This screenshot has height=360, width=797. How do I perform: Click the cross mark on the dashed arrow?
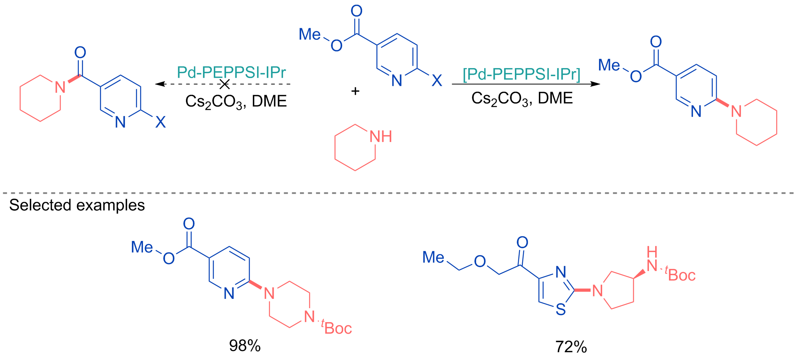pos(225,84)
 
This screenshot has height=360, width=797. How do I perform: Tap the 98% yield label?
pos(245,346)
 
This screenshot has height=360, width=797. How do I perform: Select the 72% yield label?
pos(571,347)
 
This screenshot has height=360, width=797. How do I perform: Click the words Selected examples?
pos(77,205)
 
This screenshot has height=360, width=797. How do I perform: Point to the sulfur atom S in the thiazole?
pos(561,309)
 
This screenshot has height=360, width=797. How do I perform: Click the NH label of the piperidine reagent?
pos(381,136)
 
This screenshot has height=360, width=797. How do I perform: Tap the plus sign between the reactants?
pos(355,91)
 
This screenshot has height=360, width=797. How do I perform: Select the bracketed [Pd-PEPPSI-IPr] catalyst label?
pos(521,74)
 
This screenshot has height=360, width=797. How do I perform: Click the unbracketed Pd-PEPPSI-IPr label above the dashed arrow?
pos(232,72)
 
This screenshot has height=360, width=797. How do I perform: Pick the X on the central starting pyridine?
pos(437,80)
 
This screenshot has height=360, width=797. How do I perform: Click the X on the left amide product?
pos(160,122)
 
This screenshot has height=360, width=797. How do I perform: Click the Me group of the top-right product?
pos(609,65)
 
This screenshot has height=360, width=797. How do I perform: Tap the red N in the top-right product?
pos(736,111)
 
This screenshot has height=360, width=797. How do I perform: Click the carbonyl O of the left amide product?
pos(80,53)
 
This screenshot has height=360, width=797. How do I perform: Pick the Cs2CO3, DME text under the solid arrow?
pos(522,99)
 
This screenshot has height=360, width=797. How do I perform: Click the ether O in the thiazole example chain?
pos(480,261)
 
